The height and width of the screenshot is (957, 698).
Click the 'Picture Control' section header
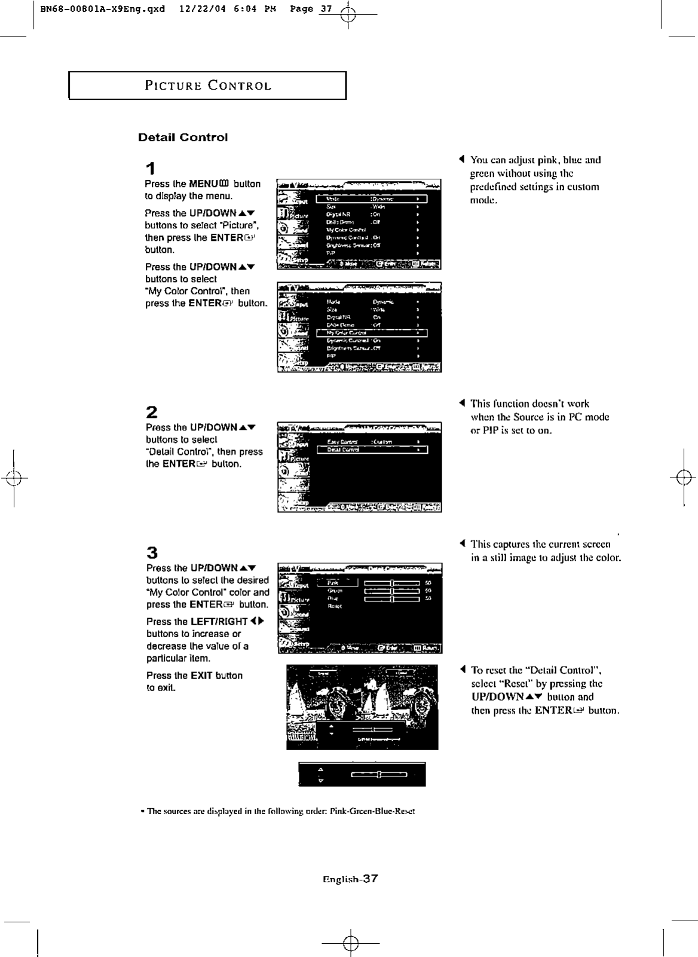[207, 85]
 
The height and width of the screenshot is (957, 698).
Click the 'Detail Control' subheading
[183, 137]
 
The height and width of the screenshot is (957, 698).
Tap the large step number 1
[151, 169]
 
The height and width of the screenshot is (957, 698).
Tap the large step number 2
[152, 412]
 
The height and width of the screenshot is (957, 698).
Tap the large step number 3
[152, 552]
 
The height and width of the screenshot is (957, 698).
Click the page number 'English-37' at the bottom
[350, 879]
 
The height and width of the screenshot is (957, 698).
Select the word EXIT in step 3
[201, 675]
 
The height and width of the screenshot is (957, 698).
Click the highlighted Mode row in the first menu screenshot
[371, 199]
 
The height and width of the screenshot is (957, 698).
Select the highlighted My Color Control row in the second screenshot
[371, 333]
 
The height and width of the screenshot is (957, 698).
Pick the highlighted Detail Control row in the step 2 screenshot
[371, 450]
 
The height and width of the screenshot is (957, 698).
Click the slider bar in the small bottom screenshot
[379, 775]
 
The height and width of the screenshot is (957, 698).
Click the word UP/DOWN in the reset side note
[497, 697]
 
